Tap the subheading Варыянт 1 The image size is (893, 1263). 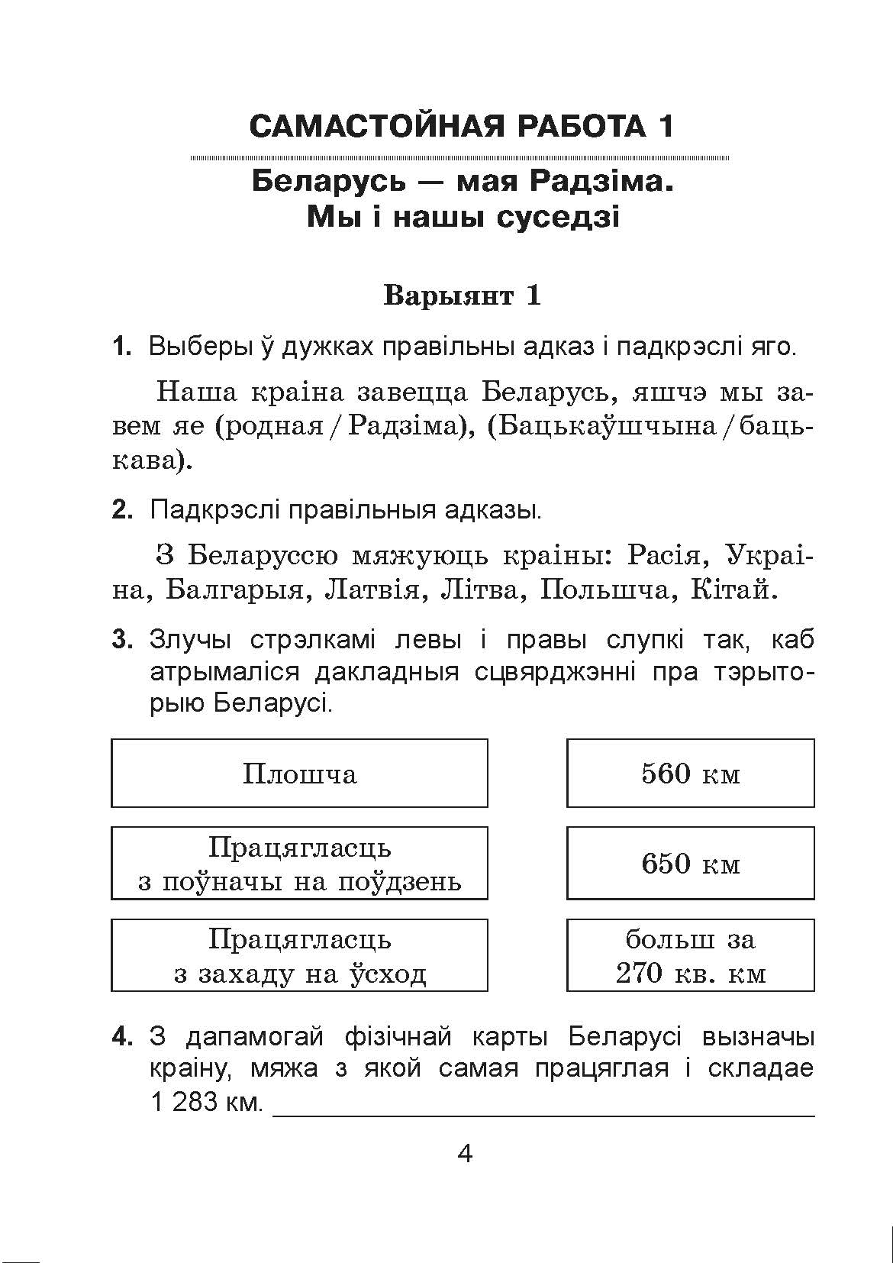[462, 296]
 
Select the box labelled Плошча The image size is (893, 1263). [299, 774]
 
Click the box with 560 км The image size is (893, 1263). [690, 774]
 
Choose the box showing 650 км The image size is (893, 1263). [690, 864]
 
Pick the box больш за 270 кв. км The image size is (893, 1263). [690, 955]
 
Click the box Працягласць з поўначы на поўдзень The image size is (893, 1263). [299, 864]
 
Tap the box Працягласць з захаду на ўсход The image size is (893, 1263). [299, 955]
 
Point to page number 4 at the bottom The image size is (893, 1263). [465, 1153]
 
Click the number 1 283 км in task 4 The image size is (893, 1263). [206, 1103]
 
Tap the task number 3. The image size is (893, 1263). [122, 640]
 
